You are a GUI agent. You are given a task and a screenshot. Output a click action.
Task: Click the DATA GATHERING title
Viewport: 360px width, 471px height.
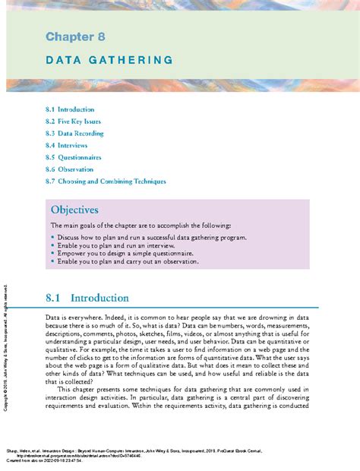(109, 59)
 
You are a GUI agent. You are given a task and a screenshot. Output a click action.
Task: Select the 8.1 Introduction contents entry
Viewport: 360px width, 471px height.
(69, 109)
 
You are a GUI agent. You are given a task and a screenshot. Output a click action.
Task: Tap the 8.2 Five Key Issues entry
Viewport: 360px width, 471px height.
(73, 122)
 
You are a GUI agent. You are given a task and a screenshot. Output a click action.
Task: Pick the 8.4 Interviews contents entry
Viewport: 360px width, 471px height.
(66, 145)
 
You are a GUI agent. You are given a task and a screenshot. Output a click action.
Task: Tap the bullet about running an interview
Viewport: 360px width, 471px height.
(122, 245)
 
